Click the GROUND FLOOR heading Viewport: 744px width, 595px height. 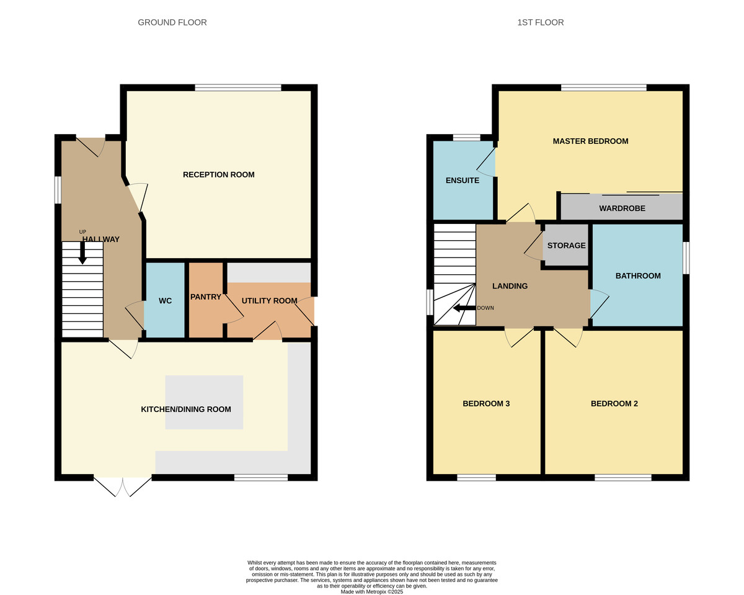pyautogui.click(x=172, y=22)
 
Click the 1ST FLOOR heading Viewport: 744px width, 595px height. pyautogui.click(x=541, y=22)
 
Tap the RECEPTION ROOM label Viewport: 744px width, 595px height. pyautogui.click(x=218, y=175)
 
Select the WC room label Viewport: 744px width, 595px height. pyautogui.click(x=165, y=301)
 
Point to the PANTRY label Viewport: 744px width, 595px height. pyautogui.click(x=206, y=297)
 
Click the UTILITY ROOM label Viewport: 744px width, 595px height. pyautogui.click(x=269, y=301)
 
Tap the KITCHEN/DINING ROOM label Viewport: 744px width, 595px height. pyautogui.click(x=186, y=409)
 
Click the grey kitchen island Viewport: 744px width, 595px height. pyautogui.click(x=204, y=402)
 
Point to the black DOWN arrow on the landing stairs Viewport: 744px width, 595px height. pyautogui.click(x=464, y=308)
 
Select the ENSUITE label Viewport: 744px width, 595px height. pyautogui.click(x=463, y=180)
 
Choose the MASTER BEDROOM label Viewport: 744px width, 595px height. pyautogui.click(x=590, y=141)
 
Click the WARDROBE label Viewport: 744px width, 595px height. pyautogui.click(x=622, y=208)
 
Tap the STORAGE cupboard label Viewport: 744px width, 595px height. pyautogui.click(x=566, y=245)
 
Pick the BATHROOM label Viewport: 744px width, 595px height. pyautogui.click(x=638, y=275)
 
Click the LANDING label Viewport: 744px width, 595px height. pyautogui.click(x=510, y=286)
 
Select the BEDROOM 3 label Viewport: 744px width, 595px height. pyautogui.click(x=486, y=403)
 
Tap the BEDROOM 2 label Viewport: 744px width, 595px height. pyautogui.click(x=614, y=403)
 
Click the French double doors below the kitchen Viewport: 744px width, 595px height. pyautogui.click(x=123, y=486)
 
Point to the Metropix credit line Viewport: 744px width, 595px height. pyautogui.click(x=372, y=592)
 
